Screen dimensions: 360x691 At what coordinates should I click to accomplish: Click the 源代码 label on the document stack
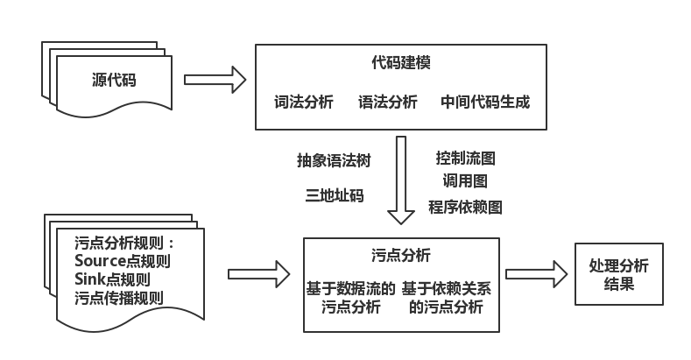(114, 80)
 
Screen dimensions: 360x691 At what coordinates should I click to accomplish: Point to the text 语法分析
(388, 102)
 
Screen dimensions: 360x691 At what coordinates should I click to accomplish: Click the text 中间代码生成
(485, 102)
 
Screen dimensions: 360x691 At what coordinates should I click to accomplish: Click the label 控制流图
(466, 159)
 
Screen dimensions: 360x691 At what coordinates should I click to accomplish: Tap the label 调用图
(465, 182)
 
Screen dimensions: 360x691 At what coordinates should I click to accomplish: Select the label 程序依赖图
(465, 207)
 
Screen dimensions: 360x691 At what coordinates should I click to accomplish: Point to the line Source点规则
(122, 262)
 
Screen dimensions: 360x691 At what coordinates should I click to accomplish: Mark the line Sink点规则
(112, 280)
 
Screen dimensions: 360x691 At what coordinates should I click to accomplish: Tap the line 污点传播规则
(119, 299)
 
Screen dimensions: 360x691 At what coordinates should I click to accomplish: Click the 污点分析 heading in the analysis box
(400, 256)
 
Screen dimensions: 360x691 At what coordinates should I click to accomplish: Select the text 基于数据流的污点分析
(349, 297)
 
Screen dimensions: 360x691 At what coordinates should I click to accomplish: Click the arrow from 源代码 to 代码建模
(215, 80)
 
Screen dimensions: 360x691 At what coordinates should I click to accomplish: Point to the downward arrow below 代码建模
(401, 180)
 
